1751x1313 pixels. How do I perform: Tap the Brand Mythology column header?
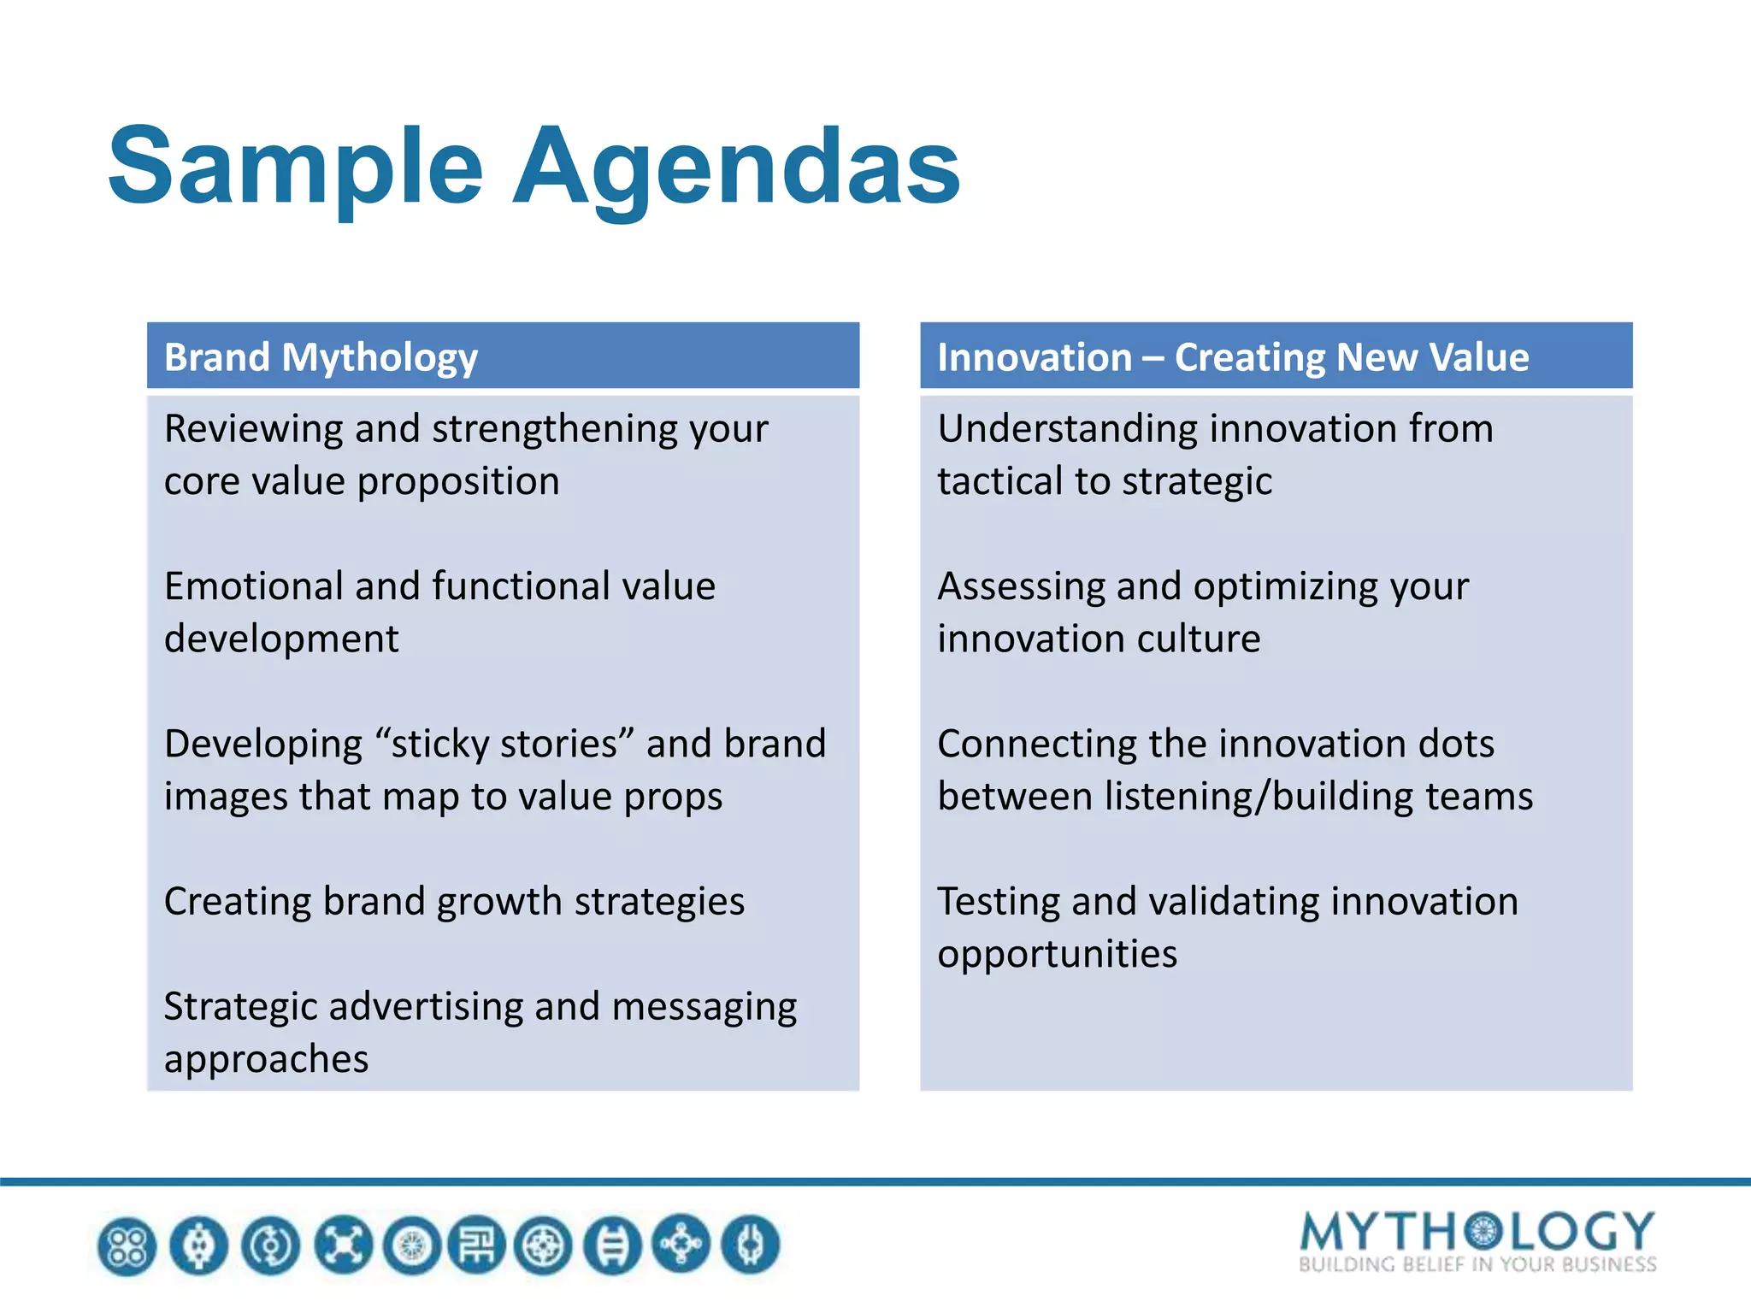click(321, 357)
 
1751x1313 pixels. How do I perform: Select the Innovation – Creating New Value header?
click(1232, 357)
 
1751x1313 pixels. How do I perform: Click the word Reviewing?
click(253, 429)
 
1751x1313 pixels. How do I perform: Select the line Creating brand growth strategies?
click(454, 902)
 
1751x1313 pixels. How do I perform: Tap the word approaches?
click(266, 1059)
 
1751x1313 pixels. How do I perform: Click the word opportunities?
click(1057, 954)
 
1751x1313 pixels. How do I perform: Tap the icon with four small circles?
click(127, 1245)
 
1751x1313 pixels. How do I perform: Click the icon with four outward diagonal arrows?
click(343, 1245)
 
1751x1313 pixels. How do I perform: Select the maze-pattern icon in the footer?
click(476, 1245)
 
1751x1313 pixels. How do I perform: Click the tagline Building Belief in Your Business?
click(1477, 1265)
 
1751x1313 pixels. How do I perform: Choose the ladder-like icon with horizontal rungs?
click(613, 1245)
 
